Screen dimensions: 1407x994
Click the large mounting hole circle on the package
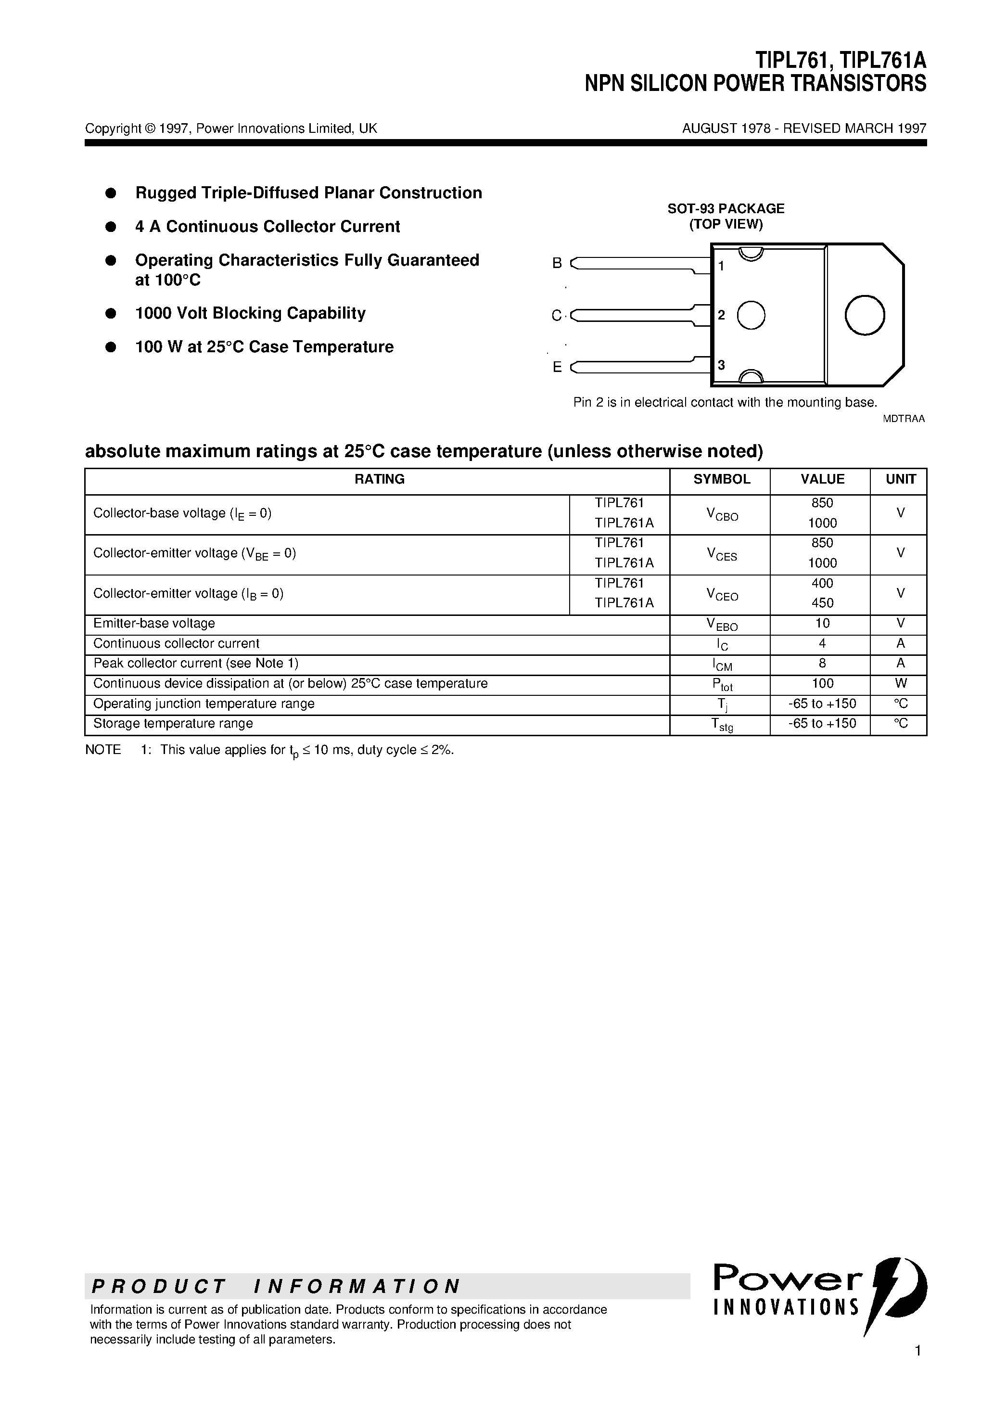[864, 315]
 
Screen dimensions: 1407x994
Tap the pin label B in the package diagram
[557, 263]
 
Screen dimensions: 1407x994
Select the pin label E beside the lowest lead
[557, 367]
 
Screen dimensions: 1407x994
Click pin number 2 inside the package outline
[721, 315]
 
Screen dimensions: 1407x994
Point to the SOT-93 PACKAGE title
[726, 208]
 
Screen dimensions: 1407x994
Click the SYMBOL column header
[721, 479]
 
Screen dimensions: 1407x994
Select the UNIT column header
[900, 479]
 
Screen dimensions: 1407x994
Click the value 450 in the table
[822, 603]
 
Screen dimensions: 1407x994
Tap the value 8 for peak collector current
[822, 663]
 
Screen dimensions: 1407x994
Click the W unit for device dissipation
[900, 683]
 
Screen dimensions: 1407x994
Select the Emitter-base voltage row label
[154, 623]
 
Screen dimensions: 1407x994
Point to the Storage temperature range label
[173, 723]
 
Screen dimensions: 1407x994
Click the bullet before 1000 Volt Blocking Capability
[111, 313]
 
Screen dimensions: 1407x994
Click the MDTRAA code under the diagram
[903, 419]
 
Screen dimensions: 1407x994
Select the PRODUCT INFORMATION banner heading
[276, 1286]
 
